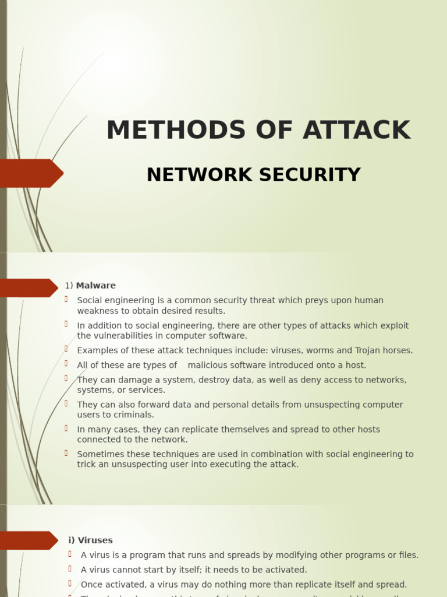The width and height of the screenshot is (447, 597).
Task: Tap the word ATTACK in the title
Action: [356, 131]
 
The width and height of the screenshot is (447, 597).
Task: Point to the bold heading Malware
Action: [96, 286]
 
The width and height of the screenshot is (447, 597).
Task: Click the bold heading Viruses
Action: [95, 540]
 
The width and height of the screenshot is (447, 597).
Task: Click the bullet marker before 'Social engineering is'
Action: [67, 299]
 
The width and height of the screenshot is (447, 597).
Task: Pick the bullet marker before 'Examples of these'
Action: [67, 349]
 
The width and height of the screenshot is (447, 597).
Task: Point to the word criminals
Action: [134, 415]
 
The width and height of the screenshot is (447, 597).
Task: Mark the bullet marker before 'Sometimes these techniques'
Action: [67, 453]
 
